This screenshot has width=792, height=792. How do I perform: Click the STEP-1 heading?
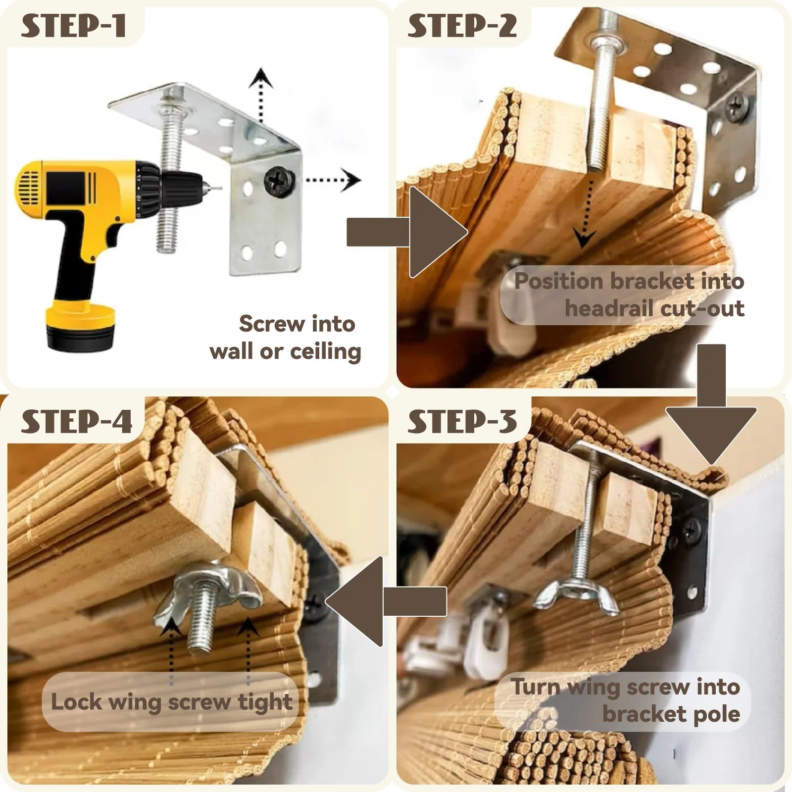point(73,26)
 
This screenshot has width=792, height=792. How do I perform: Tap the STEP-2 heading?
point(462,26)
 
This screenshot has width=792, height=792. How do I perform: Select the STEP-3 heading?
point(462,422)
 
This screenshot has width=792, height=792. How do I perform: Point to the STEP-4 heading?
point(76,422)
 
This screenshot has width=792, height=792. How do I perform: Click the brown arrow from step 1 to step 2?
point(407,232)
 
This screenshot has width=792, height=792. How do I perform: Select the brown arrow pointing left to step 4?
point(386,601)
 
